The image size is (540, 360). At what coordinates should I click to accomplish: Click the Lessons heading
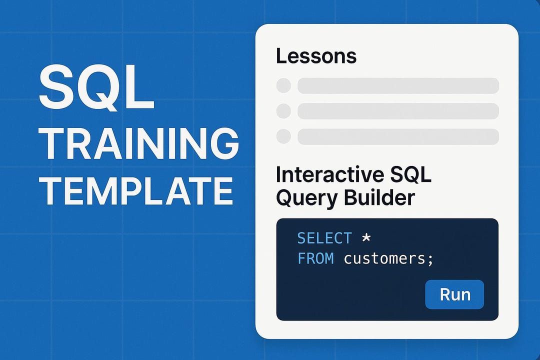point(316,56)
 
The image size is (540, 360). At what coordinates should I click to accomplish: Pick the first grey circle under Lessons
point(283,85)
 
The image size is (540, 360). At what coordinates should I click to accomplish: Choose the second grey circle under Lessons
point(283,111)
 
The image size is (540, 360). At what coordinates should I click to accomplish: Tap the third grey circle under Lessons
point(283,136)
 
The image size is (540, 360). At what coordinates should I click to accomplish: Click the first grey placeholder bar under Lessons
point(398,85)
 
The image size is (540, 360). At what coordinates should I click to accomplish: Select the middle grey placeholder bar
point(398,111)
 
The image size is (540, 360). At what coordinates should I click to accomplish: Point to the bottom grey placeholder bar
point(398,136)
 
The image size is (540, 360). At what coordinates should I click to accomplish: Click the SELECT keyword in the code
point(324,238)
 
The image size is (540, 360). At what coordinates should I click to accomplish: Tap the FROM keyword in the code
point(315,259)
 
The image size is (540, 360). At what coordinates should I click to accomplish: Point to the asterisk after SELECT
point(366,238)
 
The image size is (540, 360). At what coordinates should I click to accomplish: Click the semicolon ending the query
point(430,260)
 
